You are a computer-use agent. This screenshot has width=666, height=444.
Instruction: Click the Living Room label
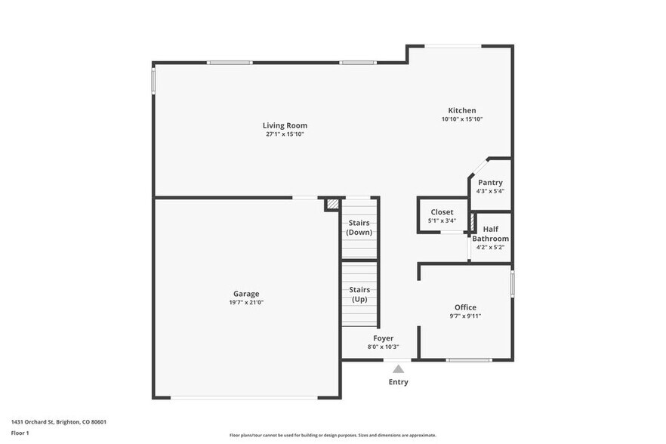pos(285,125)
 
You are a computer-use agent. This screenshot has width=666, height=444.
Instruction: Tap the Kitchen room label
pos(462,110)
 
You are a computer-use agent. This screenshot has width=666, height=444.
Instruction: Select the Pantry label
pos(490,183)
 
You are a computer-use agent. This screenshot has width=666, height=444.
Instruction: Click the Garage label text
pos(246,294)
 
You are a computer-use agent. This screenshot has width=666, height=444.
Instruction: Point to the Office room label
pos(465,307)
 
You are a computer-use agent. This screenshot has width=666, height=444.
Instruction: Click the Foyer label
pos(383,338)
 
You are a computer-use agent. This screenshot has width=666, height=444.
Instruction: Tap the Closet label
pos(442,212)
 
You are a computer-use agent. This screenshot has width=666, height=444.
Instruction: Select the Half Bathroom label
pos(490,234)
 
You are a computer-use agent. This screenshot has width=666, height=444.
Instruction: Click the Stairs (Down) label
pos(359,227)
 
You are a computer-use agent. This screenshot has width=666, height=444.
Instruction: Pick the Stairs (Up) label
pos(359,294)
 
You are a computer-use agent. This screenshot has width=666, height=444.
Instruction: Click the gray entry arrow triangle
pos(398,369)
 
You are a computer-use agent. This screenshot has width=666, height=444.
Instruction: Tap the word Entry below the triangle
pos(398,382)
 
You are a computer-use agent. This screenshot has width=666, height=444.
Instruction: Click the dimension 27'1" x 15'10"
pos(285,134)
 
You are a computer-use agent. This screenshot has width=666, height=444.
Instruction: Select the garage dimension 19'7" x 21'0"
pos(246,302)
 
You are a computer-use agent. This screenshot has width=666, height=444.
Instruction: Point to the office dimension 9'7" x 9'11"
pos(465,316)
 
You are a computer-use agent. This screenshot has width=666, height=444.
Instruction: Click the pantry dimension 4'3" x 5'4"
pos(490,191)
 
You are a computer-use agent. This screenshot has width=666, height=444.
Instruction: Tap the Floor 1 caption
pos(20,433)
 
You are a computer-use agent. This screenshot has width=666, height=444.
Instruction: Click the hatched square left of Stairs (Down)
pos(331,204)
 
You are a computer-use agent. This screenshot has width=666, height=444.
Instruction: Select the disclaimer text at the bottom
pos(332,435)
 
